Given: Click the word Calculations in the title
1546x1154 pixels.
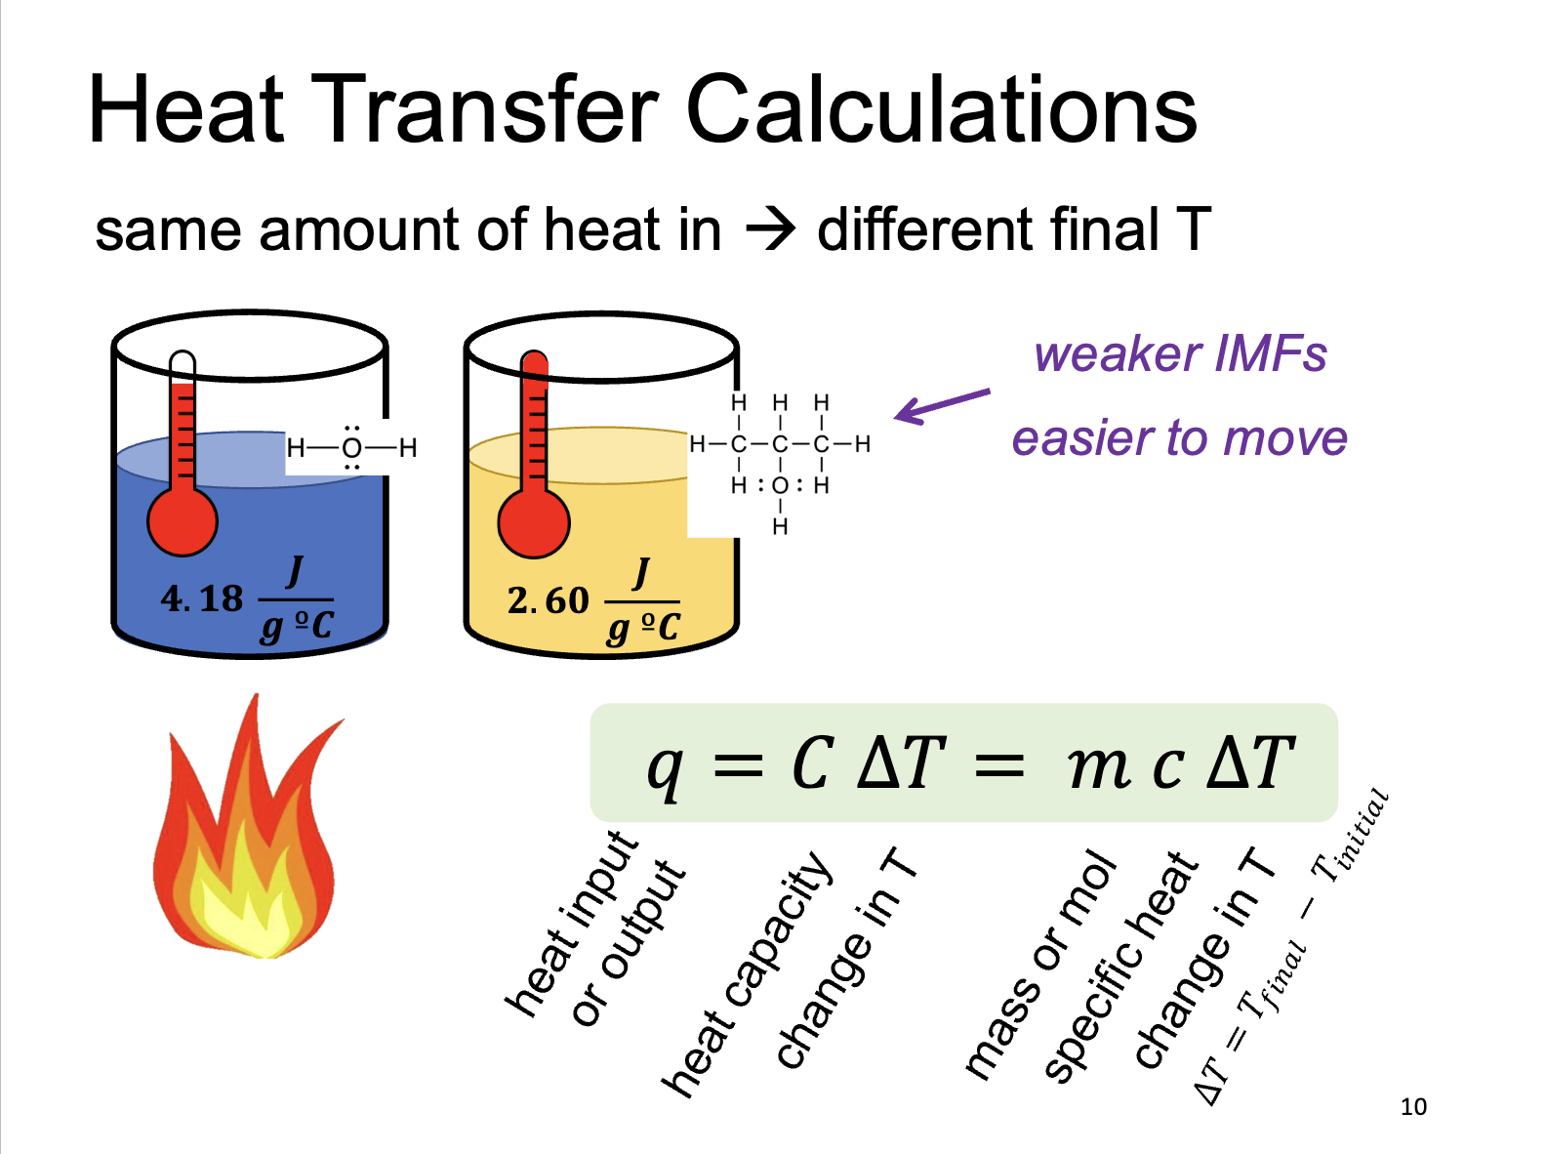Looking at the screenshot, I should (941, 109).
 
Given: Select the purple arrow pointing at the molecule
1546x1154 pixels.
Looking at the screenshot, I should (942, 405).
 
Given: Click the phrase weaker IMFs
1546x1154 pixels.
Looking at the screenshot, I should (1180, 353).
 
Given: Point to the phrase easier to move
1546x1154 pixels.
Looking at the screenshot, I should (1179, 438).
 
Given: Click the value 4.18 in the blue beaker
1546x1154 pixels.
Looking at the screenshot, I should (202, 598).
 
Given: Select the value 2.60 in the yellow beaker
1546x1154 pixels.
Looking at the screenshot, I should (549, 600).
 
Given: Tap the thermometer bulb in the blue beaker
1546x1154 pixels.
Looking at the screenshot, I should (183, 520).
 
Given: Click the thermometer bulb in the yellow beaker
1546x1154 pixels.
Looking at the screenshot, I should (533, 522).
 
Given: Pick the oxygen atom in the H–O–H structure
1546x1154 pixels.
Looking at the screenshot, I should (352, 448).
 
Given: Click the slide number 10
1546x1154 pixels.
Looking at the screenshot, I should (1412, 1107).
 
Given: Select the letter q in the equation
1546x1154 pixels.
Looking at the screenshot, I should (666, 768).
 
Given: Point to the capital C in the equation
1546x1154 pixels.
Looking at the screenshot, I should (812, 763).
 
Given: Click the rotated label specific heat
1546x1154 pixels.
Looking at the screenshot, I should (1120, 967).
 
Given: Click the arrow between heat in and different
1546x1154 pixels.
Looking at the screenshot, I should (770, 231).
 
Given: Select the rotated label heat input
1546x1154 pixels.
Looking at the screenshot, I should (571, 923).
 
